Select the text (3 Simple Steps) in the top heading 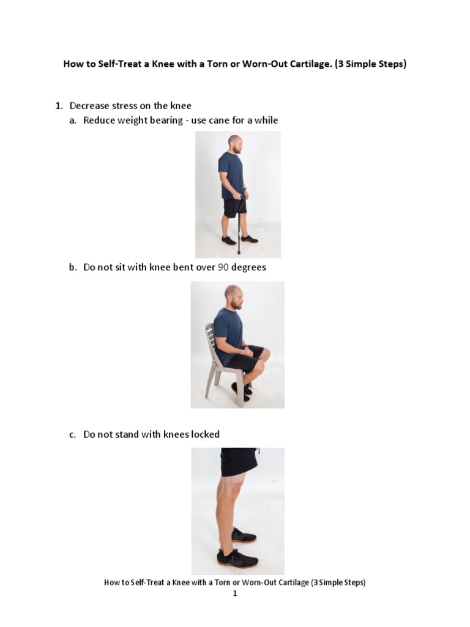pyautogui.click(x=370, y=64)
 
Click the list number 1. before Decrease pyautogui.click(x=59, y=105)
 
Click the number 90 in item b pyautogui.click(x=224, y=268)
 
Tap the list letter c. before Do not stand pyautogui.click(x=72, y=434)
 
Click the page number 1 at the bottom pyautogui.click(x=234, y=593)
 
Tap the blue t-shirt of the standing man pyautogui.click(x=231, y=175)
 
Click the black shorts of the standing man pyautogui.click(x=234, y=208)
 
